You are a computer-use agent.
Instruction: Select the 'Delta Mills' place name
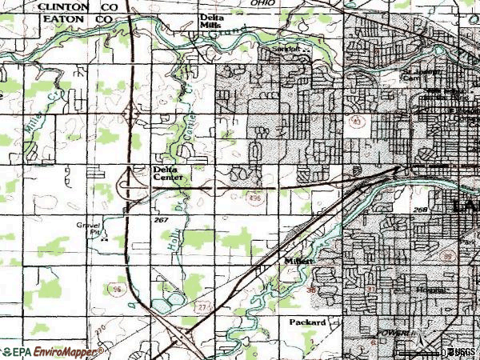click(x=211, y=22)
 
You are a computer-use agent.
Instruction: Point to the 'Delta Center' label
click(x=168, y=174)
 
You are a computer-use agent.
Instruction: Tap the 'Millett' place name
click(x=298, y=262)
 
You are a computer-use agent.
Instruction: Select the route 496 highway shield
click(x=254, y=206)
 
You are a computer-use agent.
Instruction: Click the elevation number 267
click(x=160, y=218)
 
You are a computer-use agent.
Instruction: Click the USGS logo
click(x=459, y=352)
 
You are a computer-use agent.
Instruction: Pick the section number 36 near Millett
click(x=311, y=289)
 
